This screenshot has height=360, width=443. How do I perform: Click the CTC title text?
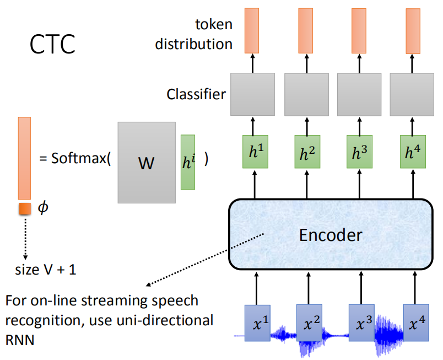point(52,45)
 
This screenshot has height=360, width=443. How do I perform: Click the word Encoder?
point(331,235)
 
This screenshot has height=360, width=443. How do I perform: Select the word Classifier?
point(196,94)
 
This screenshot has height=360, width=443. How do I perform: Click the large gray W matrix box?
point(146,163)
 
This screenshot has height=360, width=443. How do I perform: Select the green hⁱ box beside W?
point(188,162)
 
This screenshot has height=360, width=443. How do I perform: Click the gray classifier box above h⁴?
point(413,94)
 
